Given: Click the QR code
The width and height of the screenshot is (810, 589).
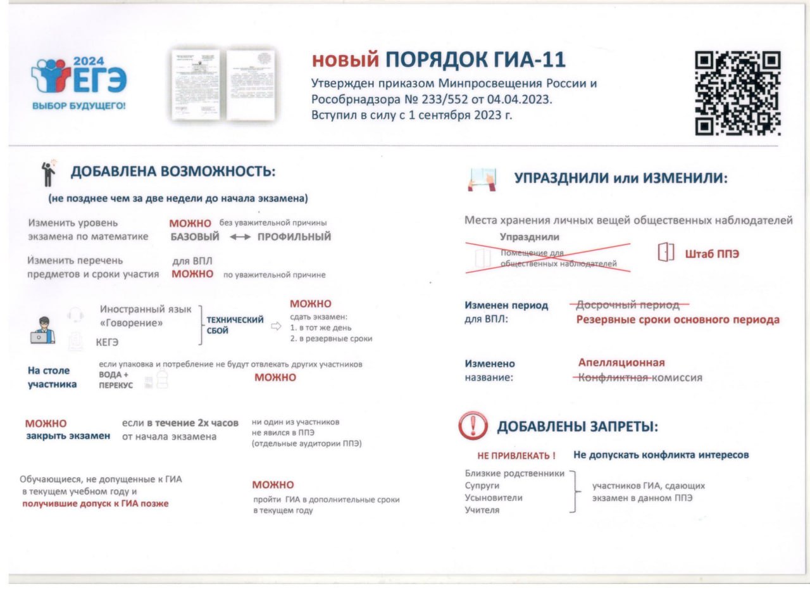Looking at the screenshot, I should [x=738, y=94].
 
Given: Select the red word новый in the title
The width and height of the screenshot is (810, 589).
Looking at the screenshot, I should [x=345, y=60].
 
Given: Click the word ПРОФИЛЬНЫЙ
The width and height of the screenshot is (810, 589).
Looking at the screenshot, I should [x=294, y=237].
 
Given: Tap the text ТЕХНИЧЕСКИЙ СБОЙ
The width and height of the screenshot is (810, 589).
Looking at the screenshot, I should [x=235, y=325].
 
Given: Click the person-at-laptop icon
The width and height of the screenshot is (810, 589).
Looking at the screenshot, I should [x=42, y=330].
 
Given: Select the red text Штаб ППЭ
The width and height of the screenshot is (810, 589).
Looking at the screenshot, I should [x=713, y=254].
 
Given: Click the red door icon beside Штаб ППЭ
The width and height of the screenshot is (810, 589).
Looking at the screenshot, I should [x=666, y=252].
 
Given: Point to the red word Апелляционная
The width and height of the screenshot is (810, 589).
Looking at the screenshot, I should [x=621, y=363].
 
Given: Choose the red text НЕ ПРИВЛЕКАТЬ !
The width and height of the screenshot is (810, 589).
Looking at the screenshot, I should [x=516, y=455].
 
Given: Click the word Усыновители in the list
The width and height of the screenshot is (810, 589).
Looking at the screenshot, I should [x=494, y=498].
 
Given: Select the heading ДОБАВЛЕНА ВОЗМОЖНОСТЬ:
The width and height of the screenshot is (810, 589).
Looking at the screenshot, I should [x=173, y=172].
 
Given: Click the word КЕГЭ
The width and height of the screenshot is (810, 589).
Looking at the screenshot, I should [x=108, y=342].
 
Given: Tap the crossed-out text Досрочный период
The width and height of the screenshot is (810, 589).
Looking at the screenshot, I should [x=625, y=305].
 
